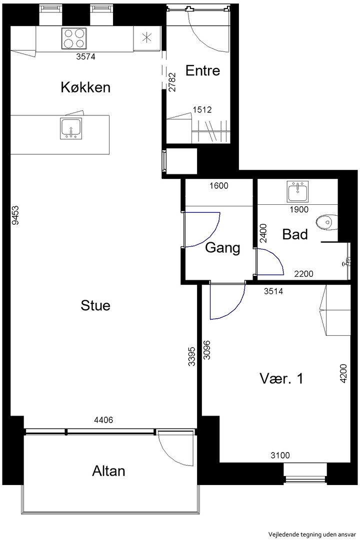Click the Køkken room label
[85, 87]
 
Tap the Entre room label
[202, 70]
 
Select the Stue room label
[95, 305]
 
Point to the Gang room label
[222, 248]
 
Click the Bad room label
[295, 234]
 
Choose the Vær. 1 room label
[281, 379]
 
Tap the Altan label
[108, 471]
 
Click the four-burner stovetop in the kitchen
[74, 38]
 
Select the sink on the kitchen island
[71, 128]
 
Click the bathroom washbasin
[297, 192]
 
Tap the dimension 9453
[15, 215]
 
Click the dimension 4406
[103, 420]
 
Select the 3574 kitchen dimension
[86, 56]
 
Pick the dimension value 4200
[343, 374]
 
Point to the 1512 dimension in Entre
[202, 110]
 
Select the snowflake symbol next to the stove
[147, 37]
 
